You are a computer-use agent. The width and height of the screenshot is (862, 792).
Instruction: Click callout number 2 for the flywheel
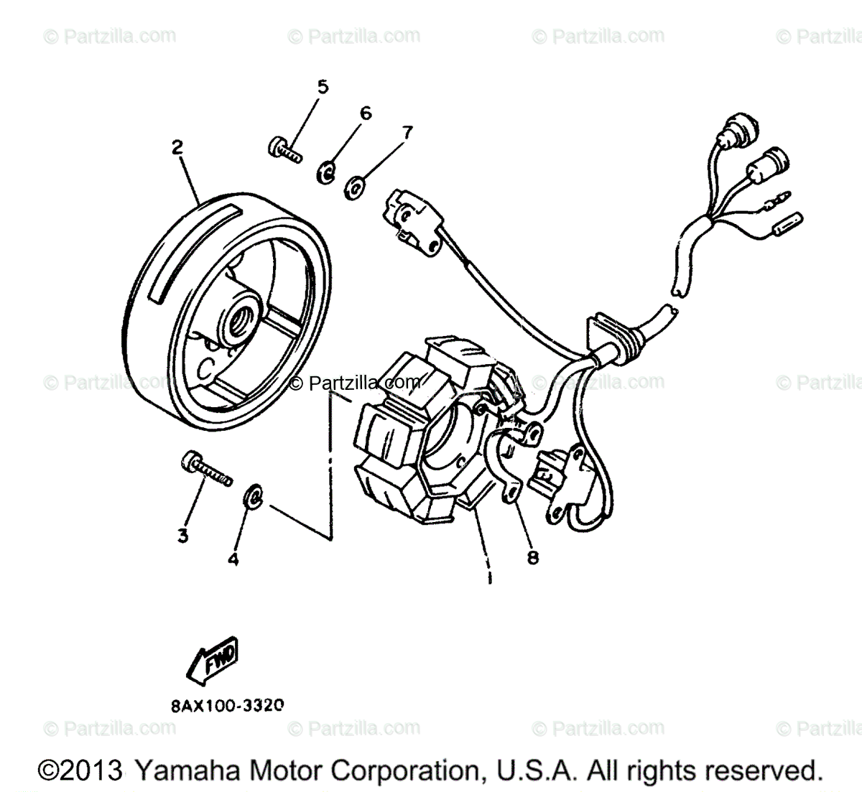[176, 148]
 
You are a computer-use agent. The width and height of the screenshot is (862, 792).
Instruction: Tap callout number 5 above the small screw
[323, 88]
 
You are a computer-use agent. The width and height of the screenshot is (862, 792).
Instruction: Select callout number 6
[366, 113]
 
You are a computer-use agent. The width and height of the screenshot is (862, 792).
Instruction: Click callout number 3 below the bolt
[182, 535]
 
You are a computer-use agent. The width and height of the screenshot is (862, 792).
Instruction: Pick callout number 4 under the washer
[233, 559]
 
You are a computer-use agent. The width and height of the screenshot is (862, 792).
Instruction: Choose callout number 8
[532, 556]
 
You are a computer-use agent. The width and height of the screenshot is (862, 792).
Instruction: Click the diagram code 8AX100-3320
[227, 705]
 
